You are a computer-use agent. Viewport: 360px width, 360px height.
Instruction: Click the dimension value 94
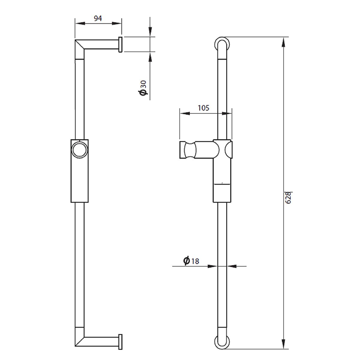click(x=98, y=18)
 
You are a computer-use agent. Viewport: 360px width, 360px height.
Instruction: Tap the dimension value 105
click(x=203, y=108)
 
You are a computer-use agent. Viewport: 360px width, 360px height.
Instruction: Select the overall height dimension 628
click(x=288, y=198)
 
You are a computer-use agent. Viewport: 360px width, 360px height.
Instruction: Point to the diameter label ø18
click(x=191, y=261)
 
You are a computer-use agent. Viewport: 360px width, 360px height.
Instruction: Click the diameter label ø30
click(x=143, y=88)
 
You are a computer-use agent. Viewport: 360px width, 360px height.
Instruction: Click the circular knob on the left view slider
click(x=80, y=150)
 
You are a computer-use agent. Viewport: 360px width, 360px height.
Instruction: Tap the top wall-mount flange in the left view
click(x=121, y=44)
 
